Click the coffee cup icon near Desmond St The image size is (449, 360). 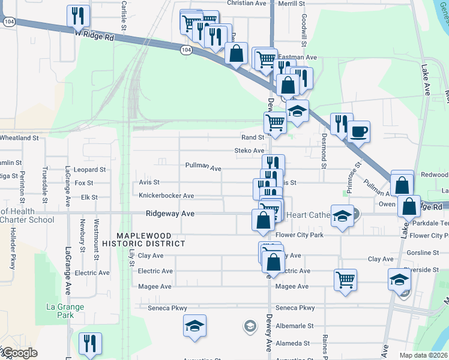pos(359,131)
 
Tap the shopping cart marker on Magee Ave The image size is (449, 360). pos(345,279)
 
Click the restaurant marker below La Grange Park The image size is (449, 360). pos(90,343)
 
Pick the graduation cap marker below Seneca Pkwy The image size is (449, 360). pos(194,326)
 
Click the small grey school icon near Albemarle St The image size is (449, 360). pos(249,326)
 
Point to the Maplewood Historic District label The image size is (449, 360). pos(143,239)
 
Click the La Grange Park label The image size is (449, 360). pos(66,310)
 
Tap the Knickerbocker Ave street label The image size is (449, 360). pos(166,196)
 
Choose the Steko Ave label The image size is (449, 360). pos(249,151)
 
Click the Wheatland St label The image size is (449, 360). pos(19,137)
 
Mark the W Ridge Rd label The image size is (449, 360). pos(94,36)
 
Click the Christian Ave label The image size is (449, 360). pos(246,3)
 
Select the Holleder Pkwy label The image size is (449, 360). pos(12,252)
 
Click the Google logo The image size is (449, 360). pos(19,353)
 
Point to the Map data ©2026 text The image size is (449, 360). pos(423,355)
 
